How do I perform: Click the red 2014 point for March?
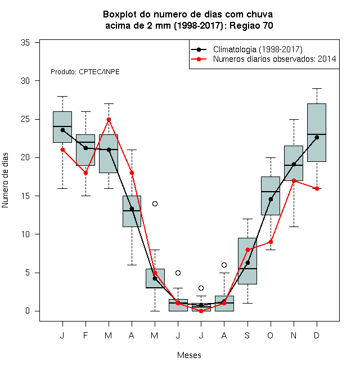click(109, 120)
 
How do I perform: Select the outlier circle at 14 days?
click(155, 203)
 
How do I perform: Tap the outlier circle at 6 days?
click(224, 265)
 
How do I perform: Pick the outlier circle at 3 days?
click(201, 288)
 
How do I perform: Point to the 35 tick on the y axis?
click(37, 43)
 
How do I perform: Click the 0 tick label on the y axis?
click(28, 311)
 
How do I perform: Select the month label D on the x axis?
click(317, 335)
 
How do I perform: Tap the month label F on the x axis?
click(85, 335)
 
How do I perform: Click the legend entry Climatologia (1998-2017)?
click(247, 49)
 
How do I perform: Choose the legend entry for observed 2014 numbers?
click(263, 59)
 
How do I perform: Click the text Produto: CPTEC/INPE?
click(85, 72)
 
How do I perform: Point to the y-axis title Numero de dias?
click(5, 180)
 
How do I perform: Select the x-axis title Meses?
click(189, 355)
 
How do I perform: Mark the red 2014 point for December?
click(317, 188)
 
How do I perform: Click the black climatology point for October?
click(271, 199)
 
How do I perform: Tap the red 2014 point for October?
click(271, 242)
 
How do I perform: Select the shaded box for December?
click(317, 133)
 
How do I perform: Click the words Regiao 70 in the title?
click(251, 25)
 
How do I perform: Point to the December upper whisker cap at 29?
click(317, 88)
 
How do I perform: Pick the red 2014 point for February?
click(85, 173)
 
